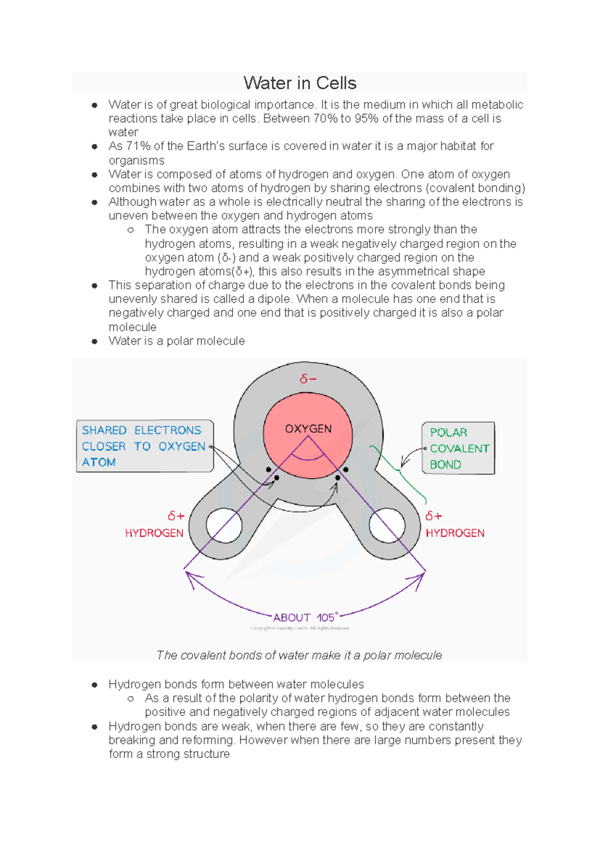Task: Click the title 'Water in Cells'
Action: coord(299,83)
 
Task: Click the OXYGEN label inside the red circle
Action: coord(308,428)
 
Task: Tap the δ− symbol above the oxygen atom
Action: coord(308,379)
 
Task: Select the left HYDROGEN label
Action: coord(154,533)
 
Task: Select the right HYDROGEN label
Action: coord(455,533)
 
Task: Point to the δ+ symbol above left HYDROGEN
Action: coord(176,516)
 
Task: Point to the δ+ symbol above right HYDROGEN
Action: coord(433,516)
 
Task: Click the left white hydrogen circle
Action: coord(224,525)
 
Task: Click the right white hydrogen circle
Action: coord(386,525)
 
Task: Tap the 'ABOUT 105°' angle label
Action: coord(305,618)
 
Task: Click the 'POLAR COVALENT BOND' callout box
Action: coord(458,448)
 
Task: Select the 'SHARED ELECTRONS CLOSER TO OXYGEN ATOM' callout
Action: coord(144,446)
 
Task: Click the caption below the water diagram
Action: coord(299,655)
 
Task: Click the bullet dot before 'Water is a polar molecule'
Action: coord(94,342)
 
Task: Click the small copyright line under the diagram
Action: coord(299,628)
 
